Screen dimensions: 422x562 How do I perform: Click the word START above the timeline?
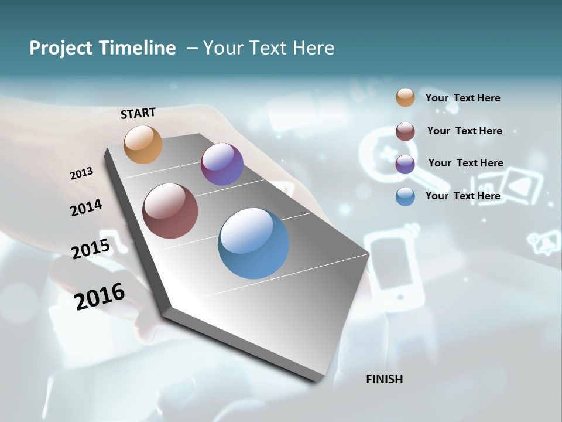(138, 113)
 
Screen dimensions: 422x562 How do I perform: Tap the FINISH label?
(384, 379)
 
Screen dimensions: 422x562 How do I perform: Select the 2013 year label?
(81, 173)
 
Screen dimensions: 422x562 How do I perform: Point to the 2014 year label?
(86, 207)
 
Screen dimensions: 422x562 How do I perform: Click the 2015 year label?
(90, 249)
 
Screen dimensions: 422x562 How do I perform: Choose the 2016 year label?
(100, 296)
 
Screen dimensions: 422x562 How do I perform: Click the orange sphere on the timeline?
(143, 144)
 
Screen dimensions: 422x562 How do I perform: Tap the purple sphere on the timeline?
(222, 164)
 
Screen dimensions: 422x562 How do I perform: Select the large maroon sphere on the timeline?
(170, 211)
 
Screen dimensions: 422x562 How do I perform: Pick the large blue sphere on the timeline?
(253, 243)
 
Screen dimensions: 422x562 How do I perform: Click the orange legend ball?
(405, 97)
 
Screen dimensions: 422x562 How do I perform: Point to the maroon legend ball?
(405, 131)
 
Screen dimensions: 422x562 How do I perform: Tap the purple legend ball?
(405, 164)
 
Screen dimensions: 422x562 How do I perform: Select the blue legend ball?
(405, 196)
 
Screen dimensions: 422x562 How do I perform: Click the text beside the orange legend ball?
(462, 98)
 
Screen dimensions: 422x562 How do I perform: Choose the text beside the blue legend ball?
(462, 196)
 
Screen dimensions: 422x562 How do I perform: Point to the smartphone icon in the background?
(393, 267)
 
